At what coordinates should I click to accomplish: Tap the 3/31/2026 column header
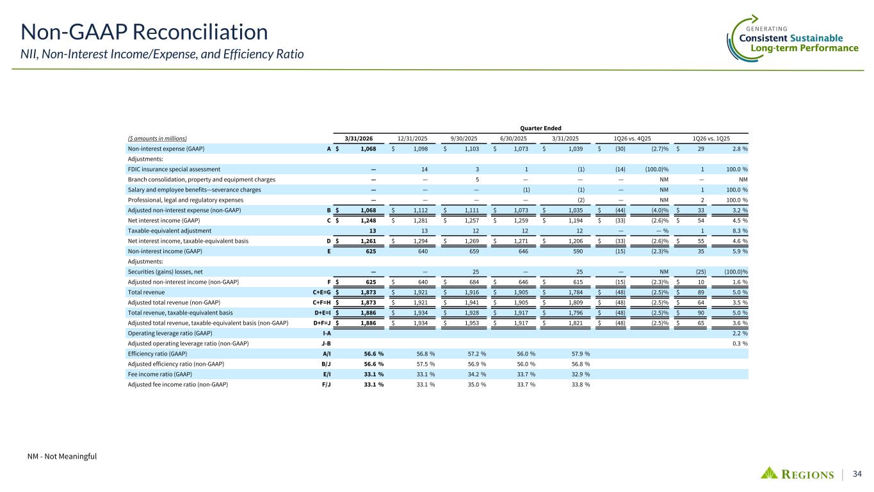click(360, 138)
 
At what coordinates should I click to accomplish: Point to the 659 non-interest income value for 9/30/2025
click(474, 250)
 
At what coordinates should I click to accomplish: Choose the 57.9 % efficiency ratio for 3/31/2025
click(576, 353)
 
